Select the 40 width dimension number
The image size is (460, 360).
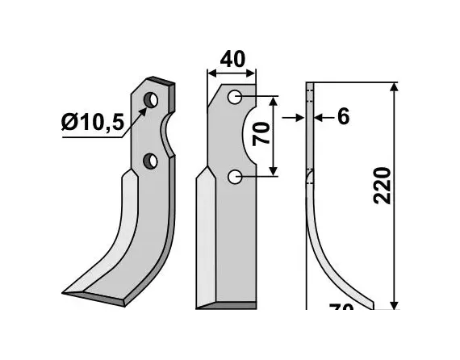(232, 61)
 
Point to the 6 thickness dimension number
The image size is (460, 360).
(343, 118)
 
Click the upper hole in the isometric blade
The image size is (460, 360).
(151, 99)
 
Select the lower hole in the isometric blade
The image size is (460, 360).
(150, 161)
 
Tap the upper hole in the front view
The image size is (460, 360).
(234, 98)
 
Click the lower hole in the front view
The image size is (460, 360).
(234, 176)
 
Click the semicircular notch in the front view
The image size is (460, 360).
(249, 137)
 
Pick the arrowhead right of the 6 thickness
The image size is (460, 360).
(318, 118)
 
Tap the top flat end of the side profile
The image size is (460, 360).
(310, 84)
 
